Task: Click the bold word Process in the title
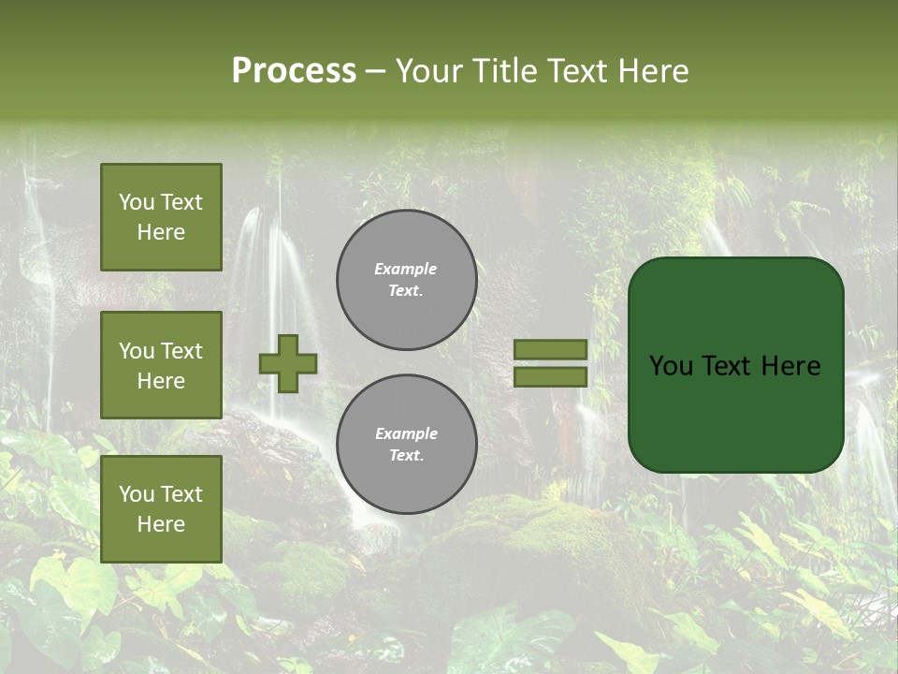(294, 71)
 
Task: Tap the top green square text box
(161, 217)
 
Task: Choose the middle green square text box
(161, 365)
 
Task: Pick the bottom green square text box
(161, 509)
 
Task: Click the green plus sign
(288, 363)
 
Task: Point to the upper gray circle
(407, 280)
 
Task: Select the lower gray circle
(407, 444)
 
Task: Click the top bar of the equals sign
(551, 349)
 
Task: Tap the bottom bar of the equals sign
(551, 376)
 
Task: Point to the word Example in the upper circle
(406, 269)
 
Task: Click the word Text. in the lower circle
(406, 456)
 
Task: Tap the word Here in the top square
(161, 232)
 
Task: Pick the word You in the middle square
(136, 351)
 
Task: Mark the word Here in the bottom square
(161, 524)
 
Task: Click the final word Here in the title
(653, 71)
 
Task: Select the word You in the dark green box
(671, 366)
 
